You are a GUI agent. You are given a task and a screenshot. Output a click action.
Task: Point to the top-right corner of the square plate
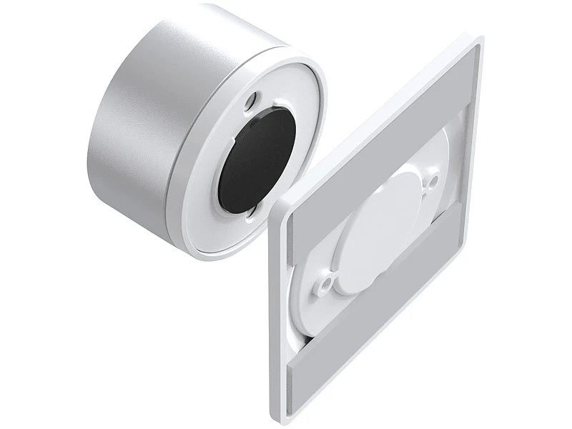tap(477, 41)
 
